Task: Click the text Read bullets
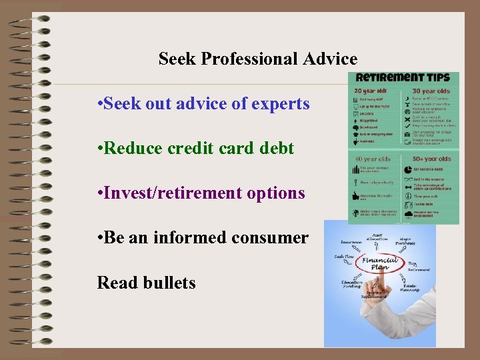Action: click(x=146, y=283)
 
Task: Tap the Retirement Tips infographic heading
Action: click(x=407, y=78)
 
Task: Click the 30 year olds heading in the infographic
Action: click(x=431, y=91)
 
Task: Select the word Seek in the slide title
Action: click(x=177, y=59)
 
